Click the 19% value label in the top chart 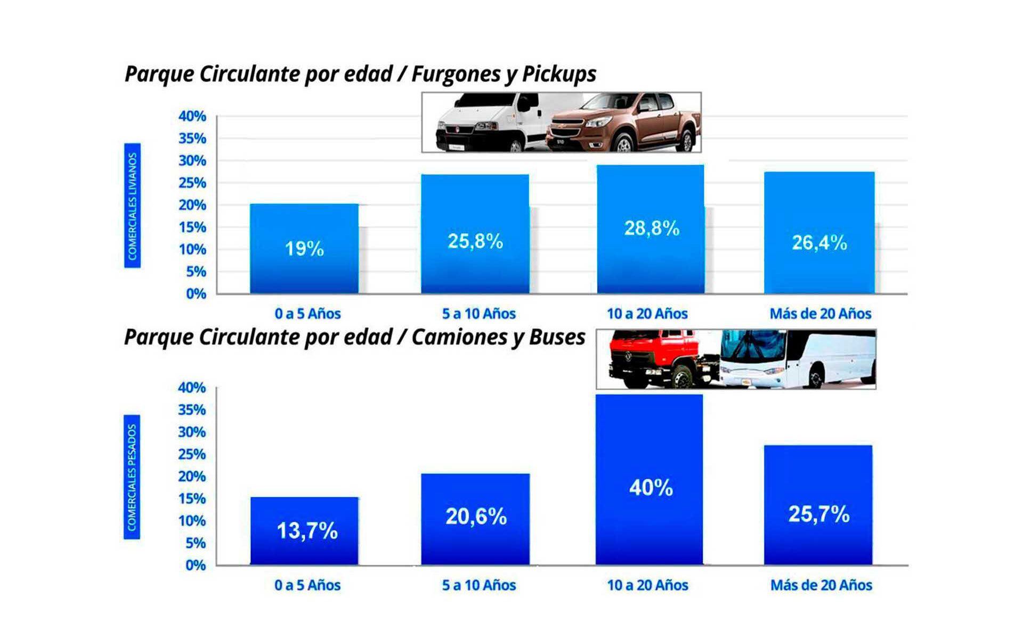(304, 249)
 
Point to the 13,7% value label (307, 530)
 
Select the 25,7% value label (818, 514)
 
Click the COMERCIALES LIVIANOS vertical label (133, 206)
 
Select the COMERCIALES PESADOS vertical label (132, 477)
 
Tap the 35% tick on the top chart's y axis (192, 138)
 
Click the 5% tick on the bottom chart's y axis (192, 543)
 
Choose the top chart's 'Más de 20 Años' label (821, 314)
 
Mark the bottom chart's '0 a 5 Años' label (307, 585)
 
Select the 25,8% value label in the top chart (475, 241)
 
